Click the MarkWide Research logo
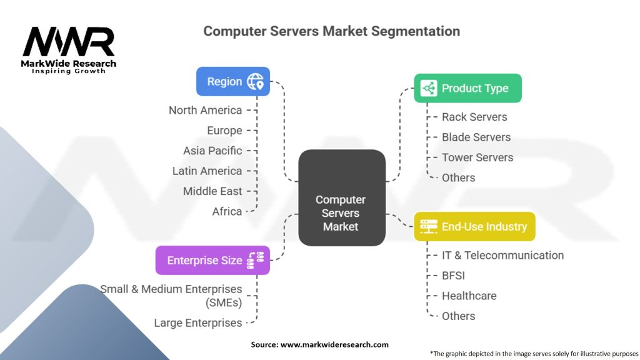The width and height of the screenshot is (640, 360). pyautogui.click(x=69, y=49)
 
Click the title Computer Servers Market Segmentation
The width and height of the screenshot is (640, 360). pyautogui.click(x=331, y=31)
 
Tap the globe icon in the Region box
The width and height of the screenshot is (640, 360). pyautogui.click(x=256, y=81)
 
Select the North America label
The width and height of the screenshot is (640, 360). pyautogui.click(x=205, y=111)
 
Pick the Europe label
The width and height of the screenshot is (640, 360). pyautogui.click(x=224, y=131)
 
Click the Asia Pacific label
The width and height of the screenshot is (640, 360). pyautogui.click(x=212, y=151)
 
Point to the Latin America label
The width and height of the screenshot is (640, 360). pyautogui.click(x=207, y=171)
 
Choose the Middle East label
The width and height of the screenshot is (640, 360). pyautogui.click(x=212, y=191)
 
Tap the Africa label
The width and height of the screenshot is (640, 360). pyautogui.click(x=227, y=211)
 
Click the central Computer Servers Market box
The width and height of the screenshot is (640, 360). pyautogui.click(x=341, y=197)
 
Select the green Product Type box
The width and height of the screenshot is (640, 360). pyautogui.click(x=467, y=88)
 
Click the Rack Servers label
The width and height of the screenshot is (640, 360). pyautogui.click(x=474, y=117)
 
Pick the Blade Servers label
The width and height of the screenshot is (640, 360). pyautogui.click(x=476, y=137)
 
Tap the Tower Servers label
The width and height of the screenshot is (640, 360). pyautogui.click(x=477, y=157)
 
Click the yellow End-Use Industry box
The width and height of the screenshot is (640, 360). pyautogui.click(x=474, y=226)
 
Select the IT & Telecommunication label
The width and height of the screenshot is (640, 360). pyautogui.click(x=502, y=255)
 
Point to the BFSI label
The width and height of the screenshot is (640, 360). pyautogui.click(x=453, y=276)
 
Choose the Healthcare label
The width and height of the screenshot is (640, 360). pyautogui.click(x=469, y=296)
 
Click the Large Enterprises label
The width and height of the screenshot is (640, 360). pyautogui.click(x=198, y=323)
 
